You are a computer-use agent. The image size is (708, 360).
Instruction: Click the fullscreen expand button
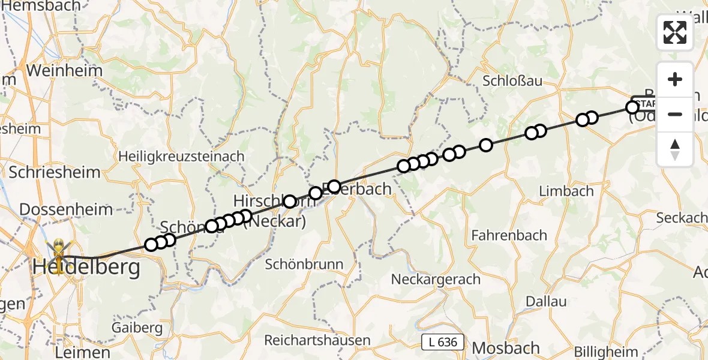[x=675, y=32]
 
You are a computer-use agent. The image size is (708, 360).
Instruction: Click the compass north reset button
[x=675, y=149]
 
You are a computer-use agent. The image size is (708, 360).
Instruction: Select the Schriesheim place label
[x=55, y=172]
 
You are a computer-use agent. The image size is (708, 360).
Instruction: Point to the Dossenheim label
[x=66, y=209]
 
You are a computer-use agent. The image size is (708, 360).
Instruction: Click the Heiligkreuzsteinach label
[x=182, y=157]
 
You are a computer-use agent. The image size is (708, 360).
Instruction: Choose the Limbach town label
[x=566, y=191]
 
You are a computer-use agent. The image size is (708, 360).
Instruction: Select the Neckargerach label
[x=436, y=279]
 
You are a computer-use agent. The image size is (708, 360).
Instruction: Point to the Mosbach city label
[x=505, y=348]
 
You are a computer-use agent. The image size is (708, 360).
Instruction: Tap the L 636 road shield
[x=443, y=343]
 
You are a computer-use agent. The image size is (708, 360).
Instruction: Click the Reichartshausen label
[x=317, y=340]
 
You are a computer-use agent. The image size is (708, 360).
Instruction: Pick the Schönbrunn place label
[x=304, y=264]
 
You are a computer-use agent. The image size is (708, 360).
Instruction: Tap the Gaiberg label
[x=137, y=328]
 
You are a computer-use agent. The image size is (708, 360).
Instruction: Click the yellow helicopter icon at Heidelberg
[x=59, y=255]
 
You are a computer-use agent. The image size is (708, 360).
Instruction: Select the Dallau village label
[x=546, y=301]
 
